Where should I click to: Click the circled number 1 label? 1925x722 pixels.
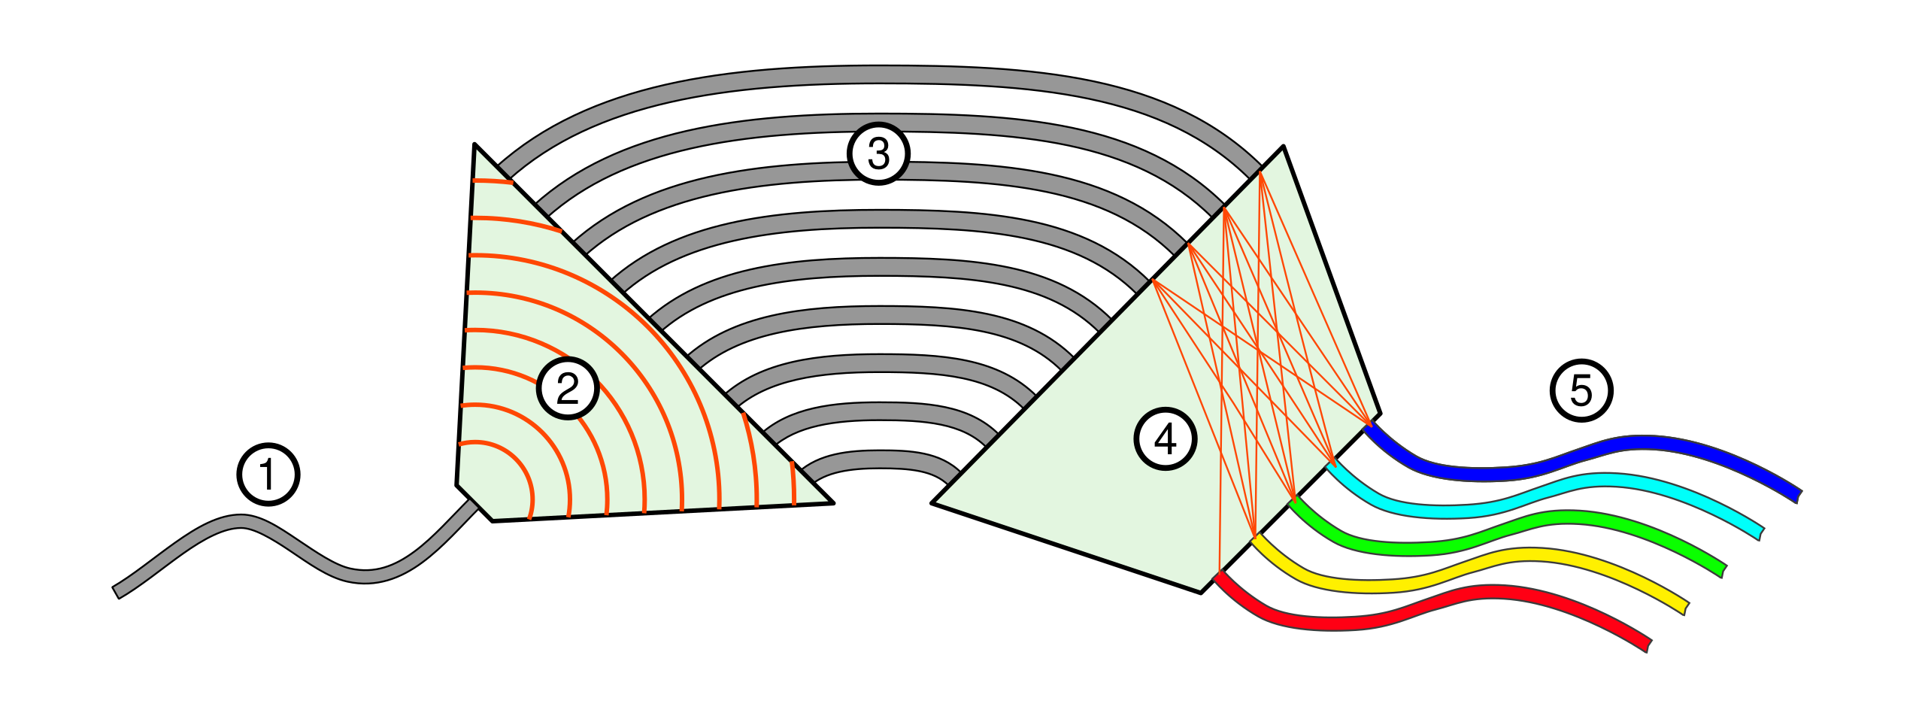268,475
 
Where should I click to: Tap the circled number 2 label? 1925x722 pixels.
568,388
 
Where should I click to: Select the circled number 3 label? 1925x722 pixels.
878,153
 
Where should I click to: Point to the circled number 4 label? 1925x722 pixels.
1165,438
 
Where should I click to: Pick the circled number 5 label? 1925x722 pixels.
1581,390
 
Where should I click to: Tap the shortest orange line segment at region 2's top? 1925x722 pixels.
493,181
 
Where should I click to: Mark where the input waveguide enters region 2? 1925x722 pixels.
472,505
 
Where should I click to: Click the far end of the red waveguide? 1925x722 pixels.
1647,645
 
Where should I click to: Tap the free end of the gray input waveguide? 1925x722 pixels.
118,591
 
